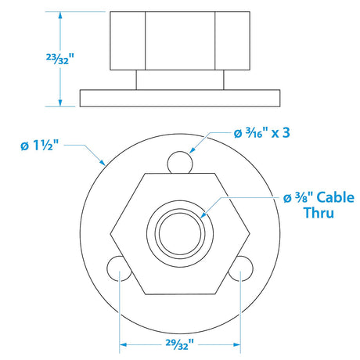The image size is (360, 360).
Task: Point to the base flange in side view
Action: tap(179, 98)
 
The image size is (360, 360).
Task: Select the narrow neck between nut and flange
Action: tap(179, 80)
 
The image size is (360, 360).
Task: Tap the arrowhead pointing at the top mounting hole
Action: tap(190, 153)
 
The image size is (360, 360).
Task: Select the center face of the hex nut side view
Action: tap(179, 41)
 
